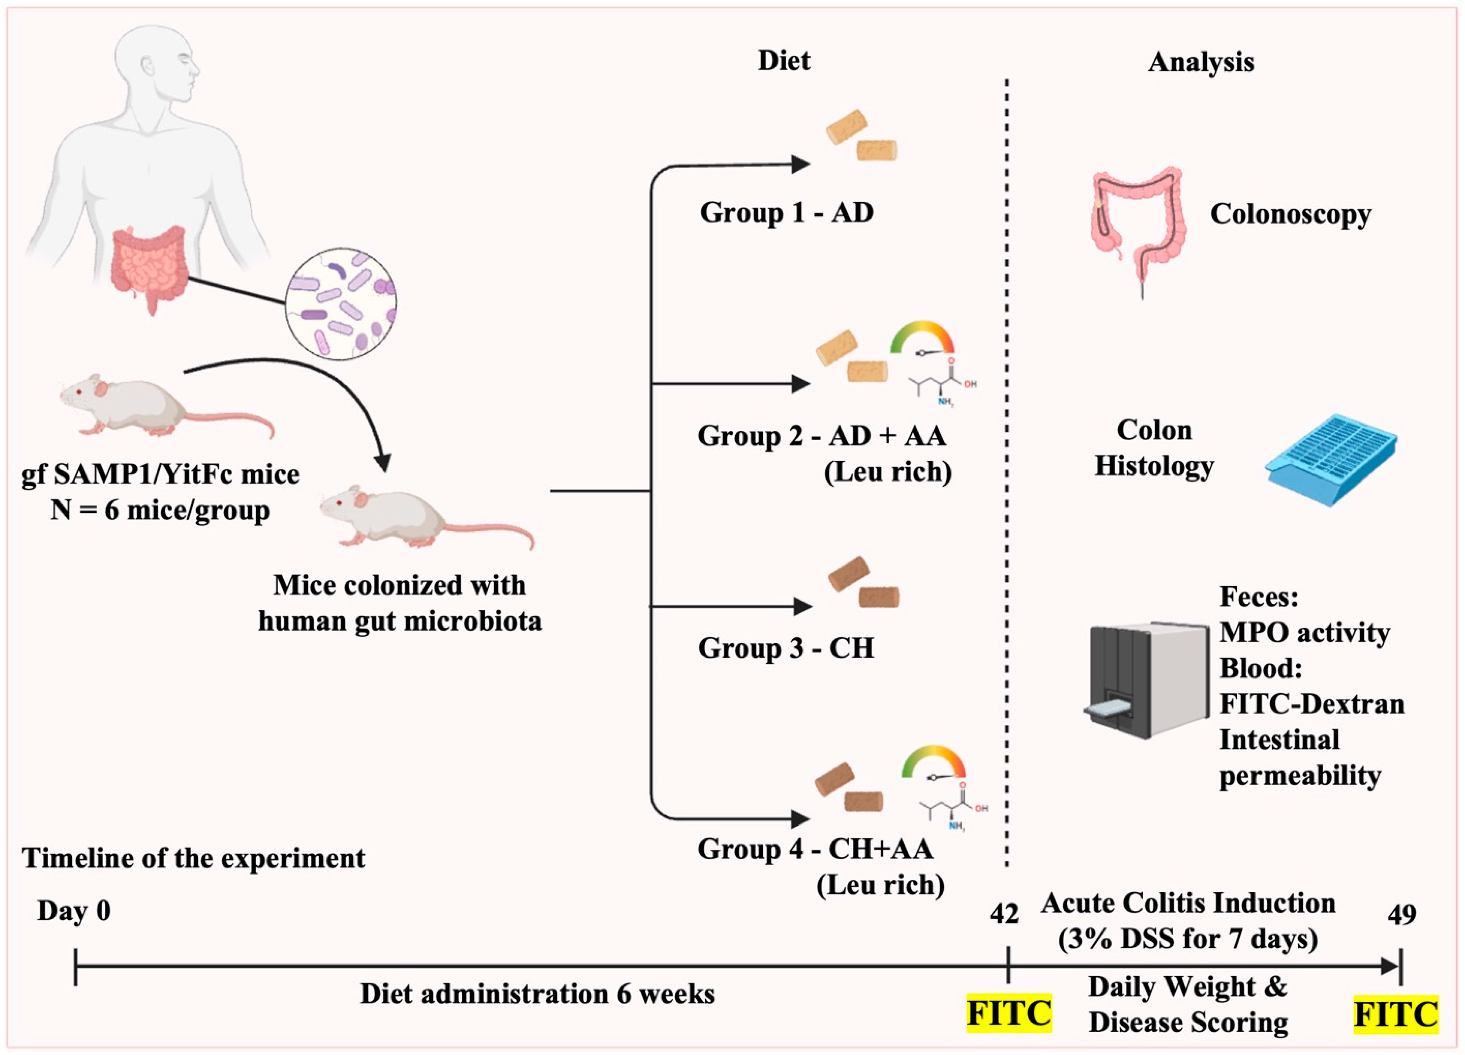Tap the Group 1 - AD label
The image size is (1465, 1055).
click(x=787, y=213)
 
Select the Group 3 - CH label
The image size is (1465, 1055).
click(x=786, y=648)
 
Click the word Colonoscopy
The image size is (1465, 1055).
click(x=1290, y=214)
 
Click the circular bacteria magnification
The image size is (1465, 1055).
click(x=341, y=304)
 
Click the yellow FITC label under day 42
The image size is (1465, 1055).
click(x=1008, y=1013)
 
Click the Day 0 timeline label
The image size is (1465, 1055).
click(x=74, y=911)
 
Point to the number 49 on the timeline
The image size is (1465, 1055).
click(x=1402, y=914)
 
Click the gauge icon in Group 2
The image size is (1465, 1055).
click(x=922, y=339)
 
